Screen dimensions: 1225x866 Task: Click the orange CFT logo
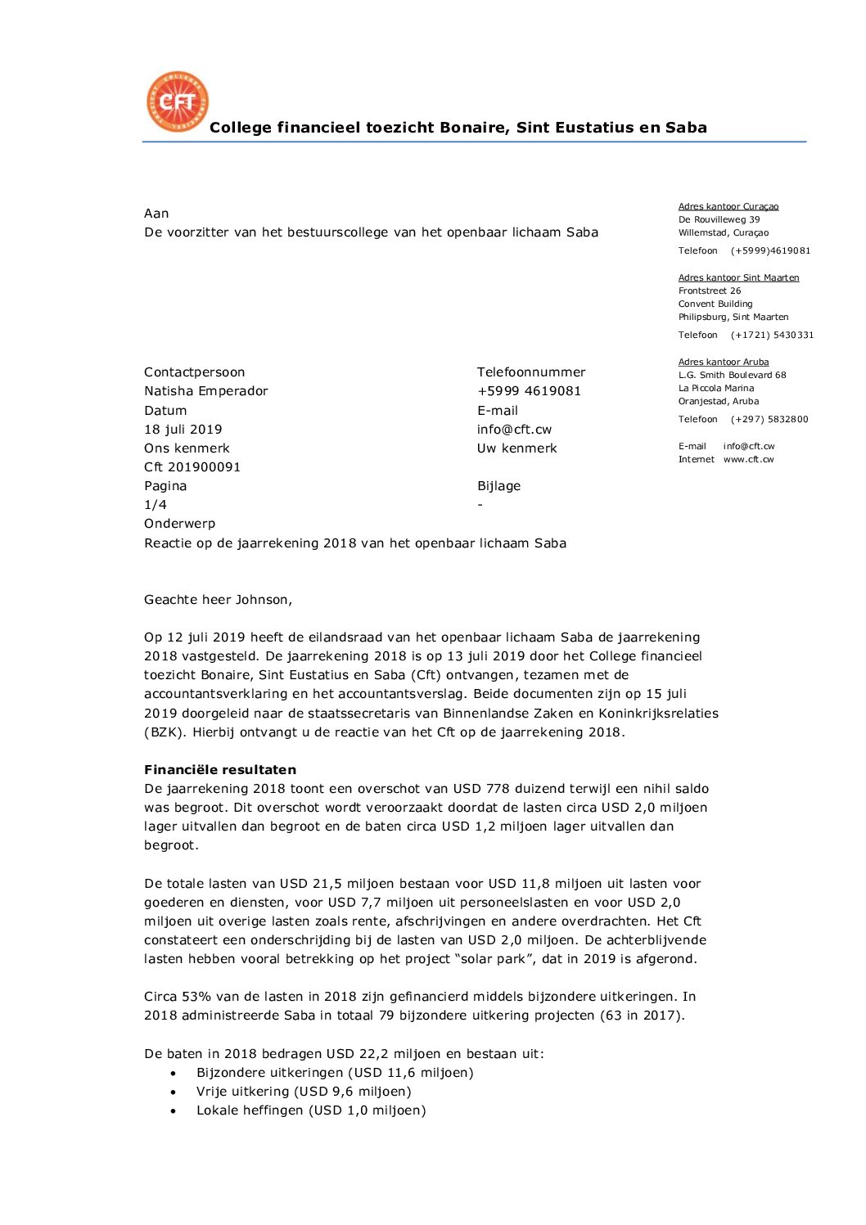pyautogui.click(x=178, y=101)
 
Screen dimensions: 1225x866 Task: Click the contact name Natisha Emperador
pyautogui.click(x=206, y=391)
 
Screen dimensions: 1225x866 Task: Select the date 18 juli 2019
pyautogui.click(x=183, y=430)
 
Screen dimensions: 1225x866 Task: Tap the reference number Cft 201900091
pyautogui.click(x=192, y=467)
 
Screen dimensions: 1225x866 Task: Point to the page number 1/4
pyautogui.click(x=156, y=505)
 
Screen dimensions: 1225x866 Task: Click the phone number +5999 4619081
pyautogui.click(x=529, y=391)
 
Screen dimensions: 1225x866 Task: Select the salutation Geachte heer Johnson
pyautogui.click(x=218, y=600)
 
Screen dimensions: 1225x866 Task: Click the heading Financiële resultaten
pyautogui.click(x=220, y=770)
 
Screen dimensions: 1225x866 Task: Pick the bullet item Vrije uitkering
pyautogui.click(x=304, y=1092)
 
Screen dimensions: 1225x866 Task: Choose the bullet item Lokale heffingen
pyautogui.click(x=311, y=1110)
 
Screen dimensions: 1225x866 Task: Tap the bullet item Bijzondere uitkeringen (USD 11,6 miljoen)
pyautogui.click(x=335, y=1073)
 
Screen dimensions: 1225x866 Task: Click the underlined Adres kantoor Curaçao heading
pyautogui.click(x=728, y=207)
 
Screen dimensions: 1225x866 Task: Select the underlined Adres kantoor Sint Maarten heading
pyautogui.click(x=738, y=278)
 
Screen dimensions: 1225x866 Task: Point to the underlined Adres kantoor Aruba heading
pyautogui.click(x=724, y=363)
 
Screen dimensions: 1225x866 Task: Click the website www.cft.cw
pyautogui.click(x=748, y=460)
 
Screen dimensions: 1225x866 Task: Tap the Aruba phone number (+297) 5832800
pyautogui.click(x=769, y=420)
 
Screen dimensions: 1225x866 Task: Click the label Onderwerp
pyautogui.click(x=180, y=524)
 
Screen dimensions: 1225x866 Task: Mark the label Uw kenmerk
pyautogui.click(x=517, y=448)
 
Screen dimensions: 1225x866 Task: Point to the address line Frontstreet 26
pyautogui.click(x=710, y=291)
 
